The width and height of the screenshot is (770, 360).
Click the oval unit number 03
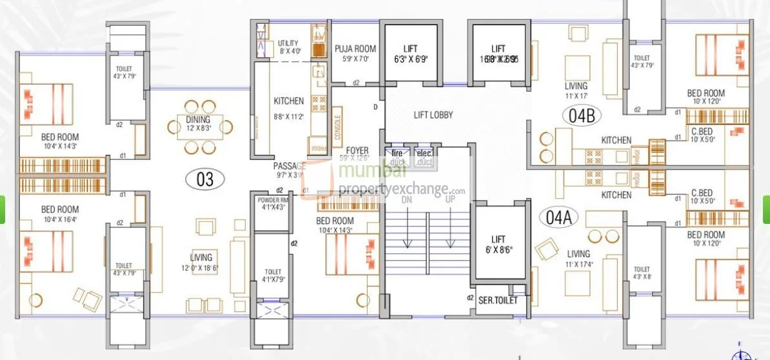pos(204,179)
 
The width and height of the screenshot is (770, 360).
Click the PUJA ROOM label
pos(355,49)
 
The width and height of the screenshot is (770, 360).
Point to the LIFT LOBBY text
pos(433,115)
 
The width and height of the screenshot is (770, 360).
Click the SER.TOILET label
pos(498,300)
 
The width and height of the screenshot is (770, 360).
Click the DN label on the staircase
pos(406,200)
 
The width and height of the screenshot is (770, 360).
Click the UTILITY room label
pos(289,43)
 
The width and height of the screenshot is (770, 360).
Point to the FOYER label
pos(357,151)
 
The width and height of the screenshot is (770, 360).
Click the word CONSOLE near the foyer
pos(338,127)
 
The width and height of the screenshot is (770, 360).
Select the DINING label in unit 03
pos(198,119)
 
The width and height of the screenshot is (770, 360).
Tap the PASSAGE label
pos(289,166)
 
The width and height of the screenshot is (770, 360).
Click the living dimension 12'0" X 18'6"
pos(201,268)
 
